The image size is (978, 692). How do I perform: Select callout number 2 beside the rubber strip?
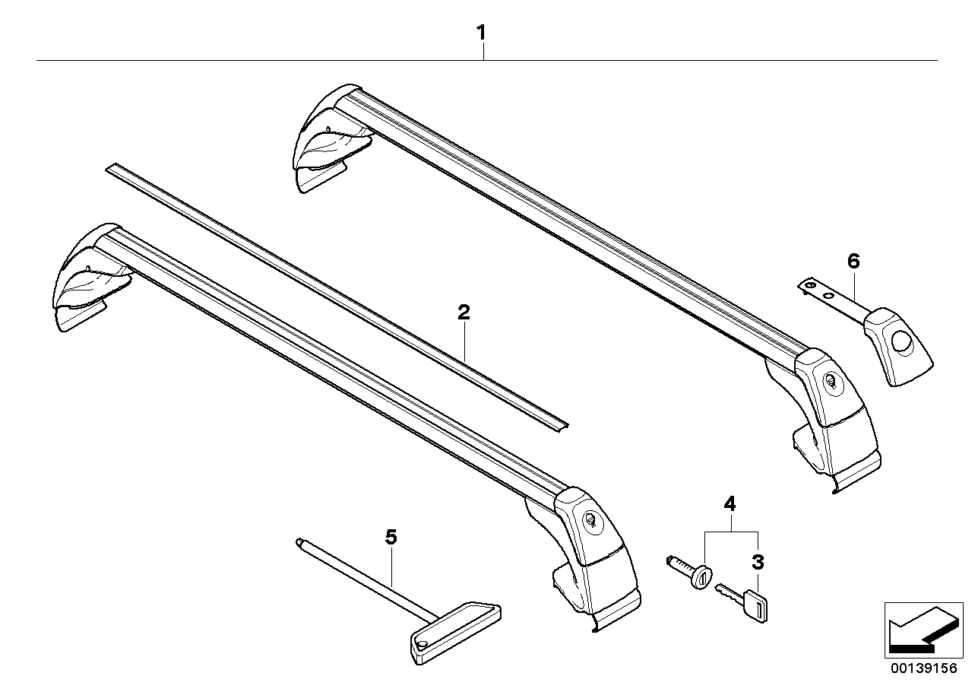(463, 312)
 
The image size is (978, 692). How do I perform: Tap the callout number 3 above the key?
(757, 563)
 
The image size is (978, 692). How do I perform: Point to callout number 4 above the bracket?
(730, 503)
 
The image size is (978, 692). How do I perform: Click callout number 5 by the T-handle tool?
(391, 538)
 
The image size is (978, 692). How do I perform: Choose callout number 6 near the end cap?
(853, 262)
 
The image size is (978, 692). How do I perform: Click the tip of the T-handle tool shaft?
(299, 542)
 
